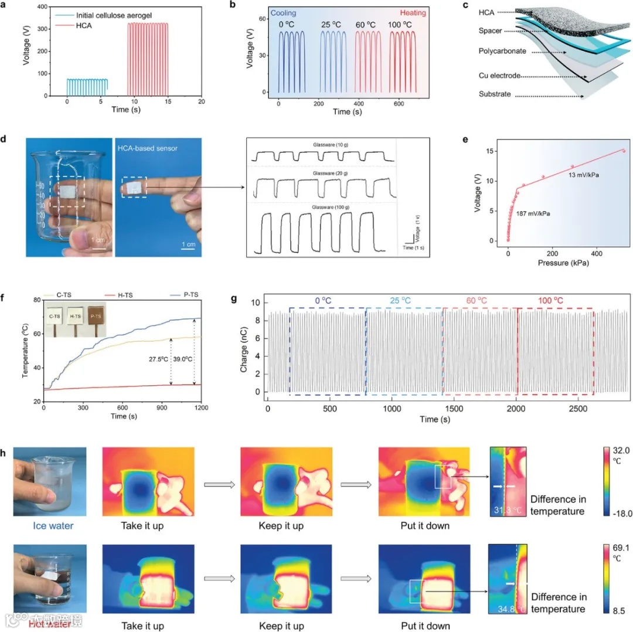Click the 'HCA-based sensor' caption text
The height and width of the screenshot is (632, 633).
[148, 148]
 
